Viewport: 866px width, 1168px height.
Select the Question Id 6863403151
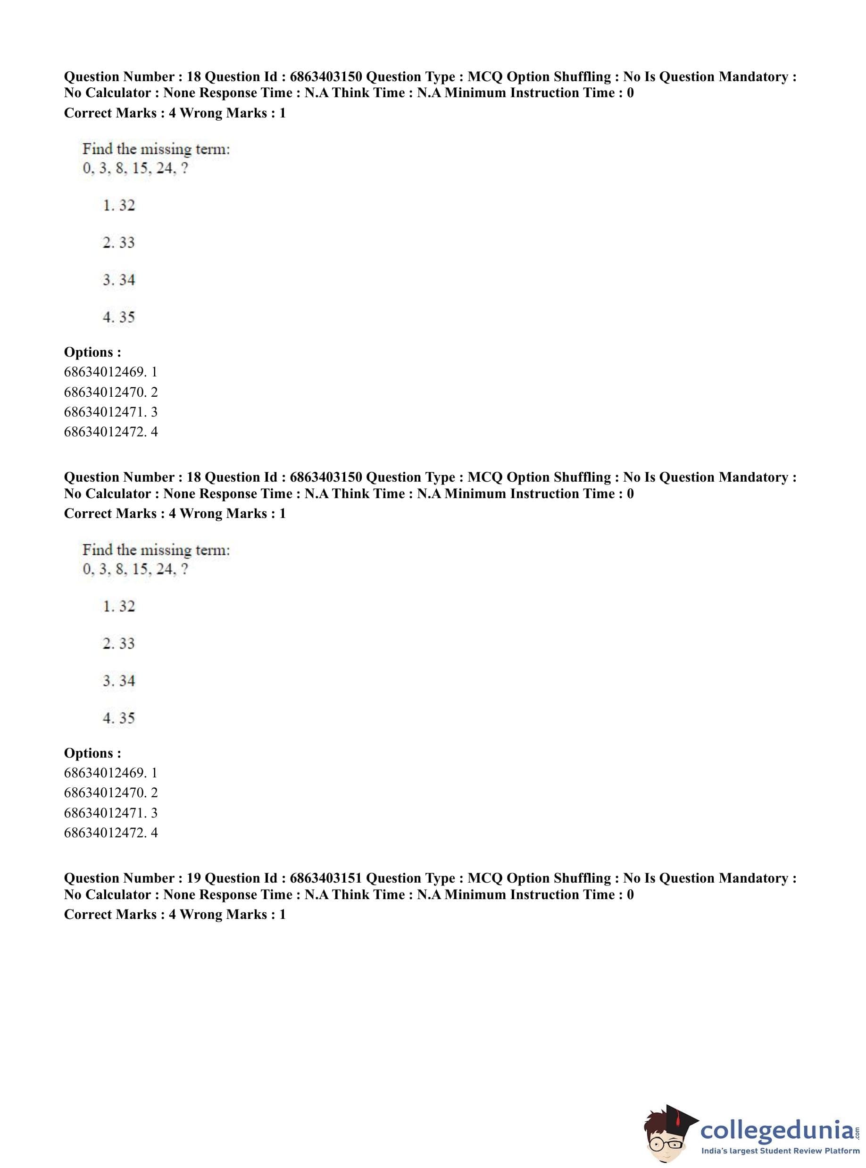325,878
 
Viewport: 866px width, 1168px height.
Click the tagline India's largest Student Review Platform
780,1150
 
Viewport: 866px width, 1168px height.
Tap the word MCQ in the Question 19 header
484,878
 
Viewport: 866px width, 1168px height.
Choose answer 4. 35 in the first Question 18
118,317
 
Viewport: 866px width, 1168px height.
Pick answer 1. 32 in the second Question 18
118,606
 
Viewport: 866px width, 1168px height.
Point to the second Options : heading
92,753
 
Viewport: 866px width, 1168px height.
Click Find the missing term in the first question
156,149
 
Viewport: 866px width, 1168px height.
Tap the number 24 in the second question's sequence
165,569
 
